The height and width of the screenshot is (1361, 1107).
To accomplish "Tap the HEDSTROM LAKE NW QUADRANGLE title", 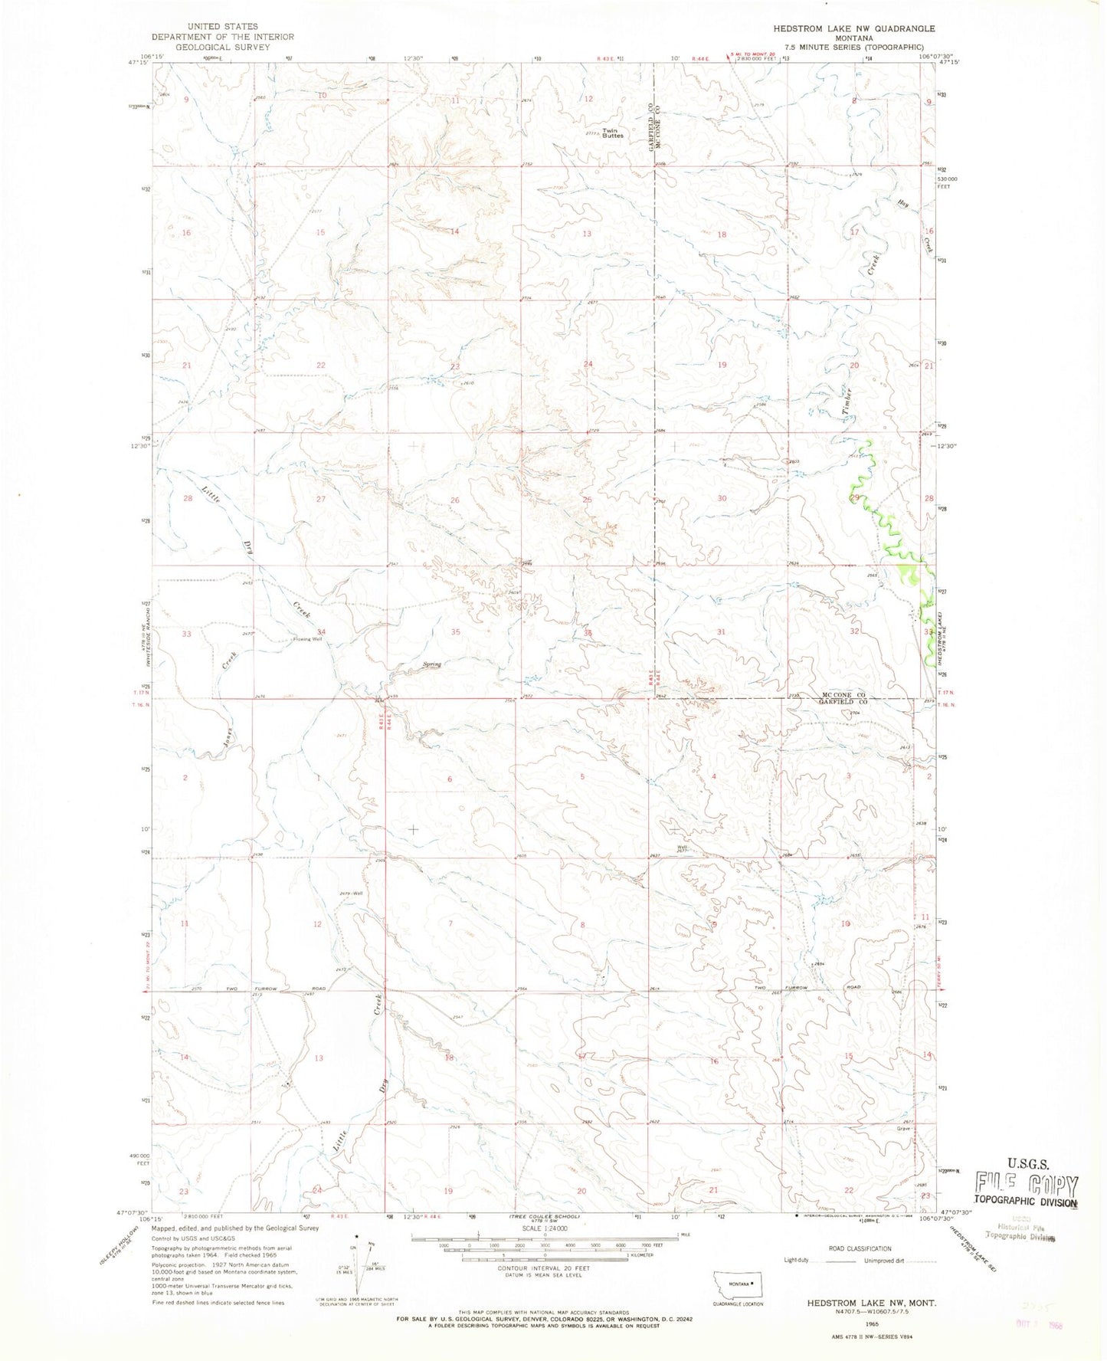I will pos(853,28).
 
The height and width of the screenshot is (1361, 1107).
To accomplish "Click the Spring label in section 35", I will pos(432,664).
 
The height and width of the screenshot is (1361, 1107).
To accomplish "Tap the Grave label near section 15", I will pos(904,1128).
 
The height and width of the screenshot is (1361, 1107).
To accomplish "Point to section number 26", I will pos(454,500).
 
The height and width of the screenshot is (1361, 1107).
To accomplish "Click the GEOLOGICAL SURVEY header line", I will pos(222,47).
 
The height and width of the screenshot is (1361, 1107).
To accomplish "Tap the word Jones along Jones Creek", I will pos(228,739).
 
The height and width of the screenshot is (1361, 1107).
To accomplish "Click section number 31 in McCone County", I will pos(720,631).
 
